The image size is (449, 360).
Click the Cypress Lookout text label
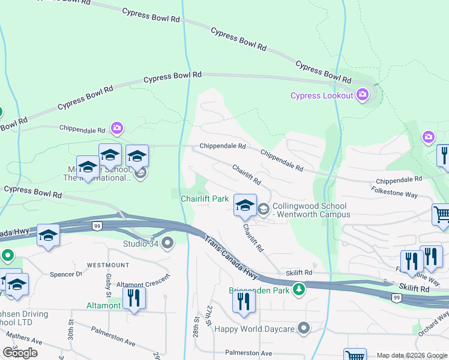tap(322, 95)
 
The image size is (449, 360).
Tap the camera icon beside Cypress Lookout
tap(362, 95)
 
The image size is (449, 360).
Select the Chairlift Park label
tap(205, 198)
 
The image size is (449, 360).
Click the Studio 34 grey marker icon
tap(167, 243)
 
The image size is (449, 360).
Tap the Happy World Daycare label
tap(255, 328)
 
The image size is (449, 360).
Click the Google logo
tap(20, 353)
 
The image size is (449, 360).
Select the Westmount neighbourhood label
tap(108, 265)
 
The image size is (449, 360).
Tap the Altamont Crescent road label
tap(144, 282)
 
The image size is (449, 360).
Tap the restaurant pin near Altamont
tap(133, 298)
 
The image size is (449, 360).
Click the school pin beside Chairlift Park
tap(244, 205)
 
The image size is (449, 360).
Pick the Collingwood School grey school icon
tap(263, 209)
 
